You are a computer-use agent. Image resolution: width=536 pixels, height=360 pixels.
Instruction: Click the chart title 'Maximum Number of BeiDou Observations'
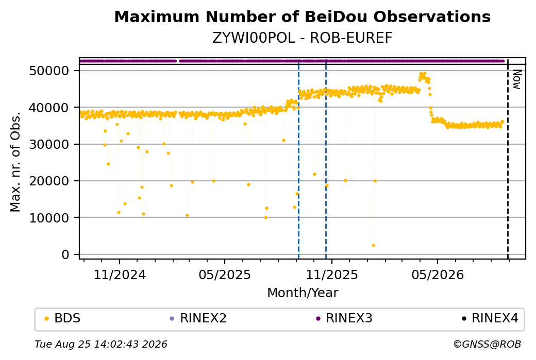302,16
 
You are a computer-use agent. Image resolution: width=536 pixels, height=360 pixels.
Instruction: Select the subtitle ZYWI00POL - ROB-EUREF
302,38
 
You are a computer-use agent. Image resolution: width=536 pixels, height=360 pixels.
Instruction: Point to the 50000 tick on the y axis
49,71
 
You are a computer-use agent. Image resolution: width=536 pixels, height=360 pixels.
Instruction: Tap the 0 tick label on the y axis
65,254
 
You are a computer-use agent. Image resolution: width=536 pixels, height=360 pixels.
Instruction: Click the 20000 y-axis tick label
49,181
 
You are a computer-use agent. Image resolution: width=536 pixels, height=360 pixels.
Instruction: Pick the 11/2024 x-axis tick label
120,275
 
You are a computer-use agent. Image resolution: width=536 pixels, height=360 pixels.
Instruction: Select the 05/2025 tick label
225,275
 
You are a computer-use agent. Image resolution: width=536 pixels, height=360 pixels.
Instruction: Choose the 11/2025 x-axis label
331,275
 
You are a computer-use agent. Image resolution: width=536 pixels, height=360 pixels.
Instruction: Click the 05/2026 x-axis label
438,275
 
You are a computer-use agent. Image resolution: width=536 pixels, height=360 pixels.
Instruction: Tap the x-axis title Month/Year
303,293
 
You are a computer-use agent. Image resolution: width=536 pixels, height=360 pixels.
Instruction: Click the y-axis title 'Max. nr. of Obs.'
15,162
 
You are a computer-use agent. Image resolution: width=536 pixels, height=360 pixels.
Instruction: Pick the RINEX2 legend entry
198,318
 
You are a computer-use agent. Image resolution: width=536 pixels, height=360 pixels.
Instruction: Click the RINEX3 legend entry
344,318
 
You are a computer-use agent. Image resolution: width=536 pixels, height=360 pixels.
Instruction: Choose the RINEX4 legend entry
490,318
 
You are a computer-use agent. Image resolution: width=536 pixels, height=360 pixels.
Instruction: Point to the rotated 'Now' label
517,80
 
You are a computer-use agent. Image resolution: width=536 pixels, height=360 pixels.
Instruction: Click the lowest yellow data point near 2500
373,246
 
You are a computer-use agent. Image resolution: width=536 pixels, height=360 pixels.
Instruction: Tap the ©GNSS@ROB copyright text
487,344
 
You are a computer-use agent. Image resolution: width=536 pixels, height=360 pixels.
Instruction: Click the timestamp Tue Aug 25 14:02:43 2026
101,344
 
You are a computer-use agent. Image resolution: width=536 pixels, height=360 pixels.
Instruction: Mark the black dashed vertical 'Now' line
508,159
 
